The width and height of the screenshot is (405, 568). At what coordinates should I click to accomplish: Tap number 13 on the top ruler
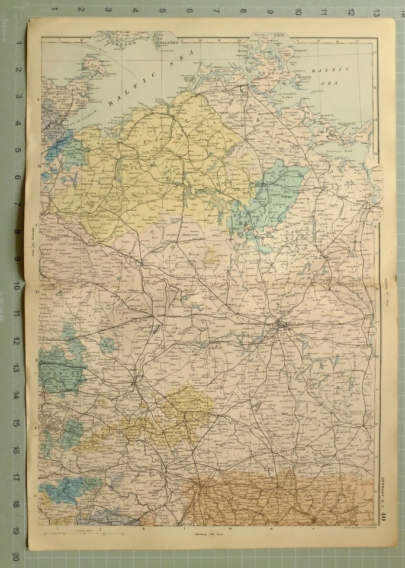pyautogui.click(x=377, y=11)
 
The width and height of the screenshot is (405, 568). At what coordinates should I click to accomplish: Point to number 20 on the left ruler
pyautogui.click(x=17, y=557)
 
